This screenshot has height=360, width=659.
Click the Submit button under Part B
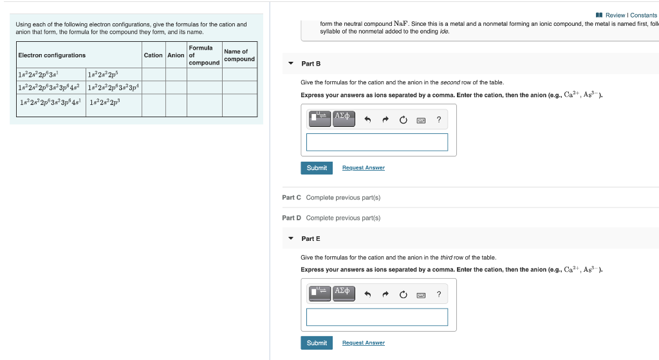[x=317, y=168]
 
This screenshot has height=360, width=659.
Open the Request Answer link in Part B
[x=363, y=168]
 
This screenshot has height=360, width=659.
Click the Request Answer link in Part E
[x=363, y=343]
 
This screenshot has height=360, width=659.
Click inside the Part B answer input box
[x=376, y=142]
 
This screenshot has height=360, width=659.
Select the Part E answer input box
[x=376, y=317]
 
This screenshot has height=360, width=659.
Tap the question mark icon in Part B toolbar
[x=438, y=119]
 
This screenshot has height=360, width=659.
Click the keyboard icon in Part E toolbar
[x=420, y=295]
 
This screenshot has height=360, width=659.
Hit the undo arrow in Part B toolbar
[x=367, y=119]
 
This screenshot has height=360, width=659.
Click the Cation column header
[x=153, y=55]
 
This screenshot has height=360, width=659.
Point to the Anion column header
[x=176, y=55]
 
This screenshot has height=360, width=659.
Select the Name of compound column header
[x=239, y=55]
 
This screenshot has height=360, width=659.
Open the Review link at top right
[x=615, y=15]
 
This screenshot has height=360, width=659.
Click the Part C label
[x=291, y=198]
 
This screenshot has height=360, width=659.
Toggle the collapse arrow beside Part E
[x=290, y=239]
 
